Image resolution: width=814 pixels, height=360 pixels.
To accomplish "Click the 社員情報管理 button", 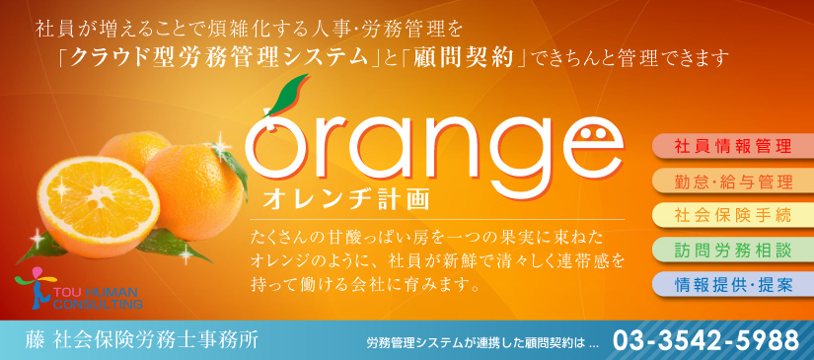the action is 732,146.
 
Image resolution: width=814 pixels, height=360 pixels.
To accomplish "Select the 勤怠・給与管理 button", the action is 732,181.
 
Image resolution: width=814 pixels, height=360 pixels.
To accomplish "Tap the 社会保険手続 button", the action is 732,215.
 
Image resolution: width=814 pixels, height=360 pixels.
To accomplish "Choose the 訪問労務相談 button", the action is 732,251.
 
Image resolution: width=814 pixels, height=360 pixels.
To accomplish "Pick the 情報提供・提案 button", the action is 732,285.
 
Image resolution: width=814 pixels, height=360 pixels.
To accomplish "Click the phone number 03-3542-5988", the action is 706,341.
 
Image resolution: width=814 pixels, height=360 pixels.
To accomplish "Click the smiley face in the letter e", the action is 592,133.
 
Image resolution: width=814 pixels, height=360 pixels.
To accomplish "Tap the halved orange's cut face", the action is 98,198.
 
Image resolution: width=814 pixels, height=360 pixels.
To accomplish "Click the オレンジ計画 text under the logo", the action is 346,199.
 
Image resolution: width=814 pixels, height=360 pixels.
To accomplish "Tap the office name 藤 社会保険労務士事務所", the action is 141,341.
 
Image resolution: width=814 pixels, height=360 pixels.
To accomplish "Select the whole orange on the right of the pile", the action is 195,190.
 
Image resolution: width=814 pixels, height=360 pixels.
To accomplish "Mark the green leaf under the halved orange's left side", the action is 41,248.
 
